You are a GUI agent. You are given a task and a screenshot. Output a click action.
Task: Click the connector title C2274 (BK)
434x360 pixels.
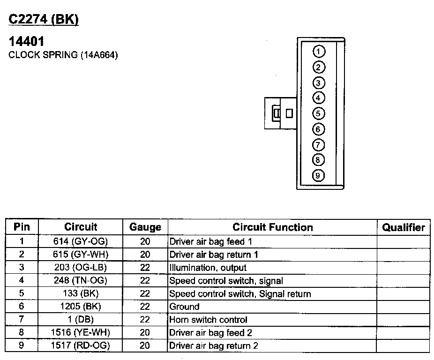(44, 19)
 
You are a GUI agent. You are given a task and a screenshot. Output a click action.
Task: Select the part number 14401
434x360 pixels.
(27, 42)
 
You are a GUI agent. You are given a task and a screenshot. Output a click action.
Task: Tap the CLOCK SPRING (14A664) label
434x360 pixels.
(63, 55)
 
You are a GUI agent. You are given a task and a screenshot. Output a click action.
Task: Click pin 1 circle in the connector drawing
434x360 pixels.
(318, 51)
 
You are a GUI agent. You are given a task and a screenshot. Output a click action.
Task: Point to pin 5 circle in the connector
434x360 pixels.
(318, 113)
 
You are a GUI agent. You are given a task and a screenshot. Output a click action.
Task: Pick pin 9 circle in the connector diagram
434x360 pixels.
(318, 176)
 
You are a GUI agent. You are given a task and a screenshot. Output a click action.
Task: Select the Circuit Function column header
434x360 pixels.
(272, 227)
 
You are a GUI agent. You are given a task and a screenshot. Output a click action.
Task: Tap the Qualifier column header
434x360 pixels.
(403, 227)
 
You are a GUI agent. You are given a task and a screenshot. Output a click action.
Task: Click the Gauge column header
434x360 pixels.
(145, 227)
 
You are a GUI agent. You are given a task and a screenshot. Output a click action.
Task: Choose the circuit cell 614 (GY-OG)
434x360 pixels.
(81, 242)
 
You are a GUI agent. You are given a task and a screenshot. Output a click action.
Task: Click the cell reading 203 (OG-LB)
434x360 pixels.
(81, 268)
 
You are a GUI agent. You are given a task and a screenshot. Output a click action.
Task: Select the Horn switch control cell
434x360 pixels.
(208, 320)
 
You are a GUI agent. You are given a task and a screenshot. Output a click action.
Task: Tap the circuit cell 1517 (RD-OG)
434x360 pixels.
(81, 346)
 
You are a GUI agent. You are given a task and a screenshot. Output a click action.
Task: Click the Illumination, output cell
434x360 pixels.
(208, 268)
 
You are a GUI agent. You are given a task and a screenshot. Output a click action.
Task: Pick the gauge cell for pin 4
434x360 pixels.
(145, 281)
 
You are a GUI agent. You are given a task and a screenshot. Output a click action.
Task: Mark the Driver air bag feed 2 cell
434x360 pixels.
(213, 333)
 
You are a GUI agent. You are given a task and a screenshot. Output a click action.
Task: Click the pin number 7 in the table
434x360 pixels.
(22, 320)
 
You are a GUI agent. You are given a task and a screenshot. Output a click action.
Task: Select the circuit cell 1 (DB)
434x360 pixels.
(81, 320)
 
